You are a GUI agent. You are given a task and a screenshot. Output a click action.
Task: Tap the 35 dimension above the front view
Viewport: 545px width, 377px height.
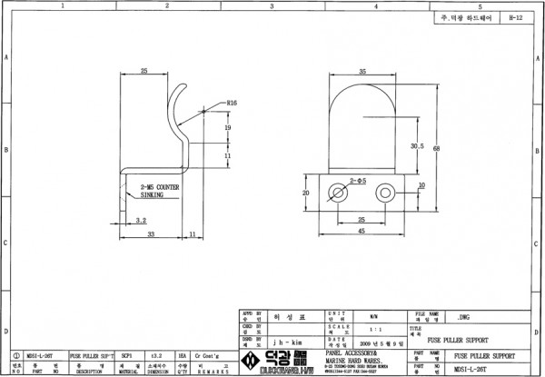[x=362, y=70]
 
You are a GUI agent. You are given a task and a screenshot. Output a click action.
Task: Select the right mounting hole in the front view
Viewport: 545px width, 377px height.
[x=388, y=193]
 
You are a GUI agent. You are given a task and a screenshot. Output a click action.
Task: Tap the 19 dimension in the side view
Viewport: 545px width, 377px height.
[x=228, y=129]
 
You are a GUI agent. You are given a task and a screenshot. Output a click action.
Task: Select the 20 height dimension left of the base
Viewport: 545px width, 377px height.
[x=305, y=193]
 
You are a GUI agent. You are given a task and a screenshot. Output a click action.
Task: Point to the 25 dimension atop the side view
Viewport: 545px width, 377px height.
[x=144, y=70]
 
